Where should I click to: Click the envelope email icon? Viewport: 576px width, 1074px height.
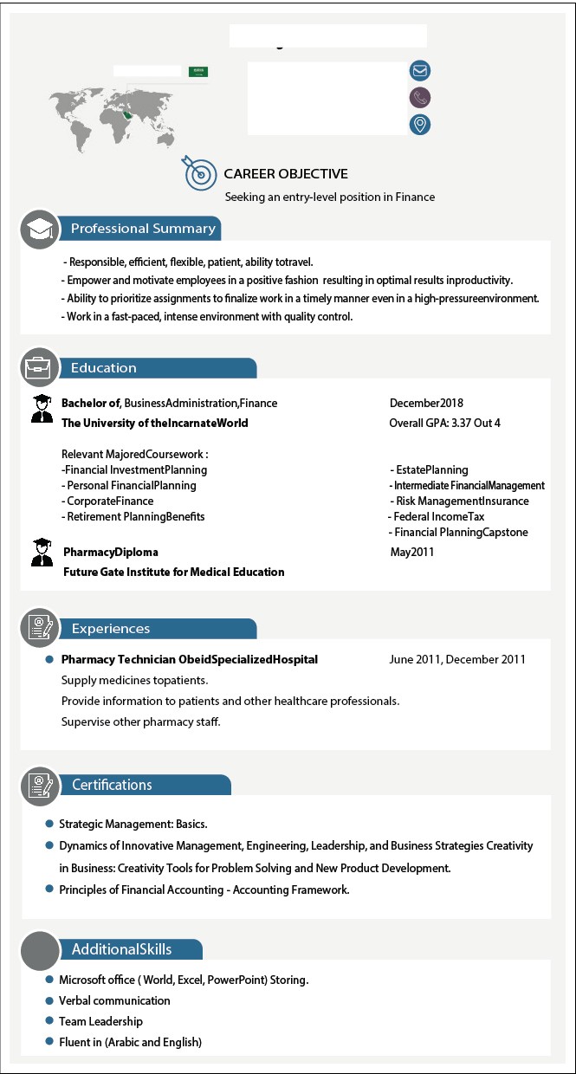(x=420, y=71)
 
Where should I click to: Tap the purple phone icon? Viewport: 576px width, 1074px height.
(x=420, y=98)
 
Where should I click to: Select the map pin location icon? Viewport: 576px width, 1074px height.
(x=420, y=125)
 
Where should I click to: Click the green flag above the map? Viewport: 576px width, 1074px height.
(x=198, y=71)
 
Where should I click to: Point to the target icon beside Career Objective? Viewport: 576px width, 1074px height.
(x=199, y=173)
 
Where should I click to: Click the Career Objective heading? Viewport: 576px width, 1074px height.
(x=286, y=174)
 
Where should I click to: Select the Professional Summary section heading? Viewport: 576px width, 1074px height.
(x=143, y=229)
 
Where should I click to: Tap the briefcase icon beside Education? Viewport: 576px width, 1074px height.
(x=39, y=367)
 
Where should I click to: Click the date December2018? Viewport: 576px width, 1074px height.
(x=426, y=403)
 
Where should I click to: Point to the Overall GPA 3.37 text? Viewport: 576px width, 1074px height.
(x=444, y=424)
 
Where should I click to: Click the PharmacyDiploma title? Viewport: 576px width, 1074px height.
(x=111, y=552)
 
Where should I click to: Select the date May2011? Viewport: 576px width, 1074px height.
(x=412, y=552)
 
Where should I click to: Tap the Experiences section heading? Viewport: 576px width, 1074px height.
(x=111, y=629)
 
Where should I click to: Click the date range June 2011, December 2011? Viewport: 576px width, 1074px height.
(x=457, y=659)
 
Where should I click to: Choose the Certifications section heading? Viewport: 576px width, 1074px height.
(x=112, y=785)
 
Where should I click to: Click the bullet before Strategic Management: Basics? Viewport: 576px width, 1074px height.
(x=49, y=824)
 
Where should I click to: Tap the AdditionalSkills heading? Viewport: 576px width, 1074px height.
(x=121, y=949)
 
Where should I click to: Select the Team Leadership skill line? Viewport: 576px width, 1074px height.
(x=100, y=1021)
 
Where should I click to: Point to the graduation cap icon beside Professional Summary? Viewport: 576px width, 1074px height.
(x=39, y=229)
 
